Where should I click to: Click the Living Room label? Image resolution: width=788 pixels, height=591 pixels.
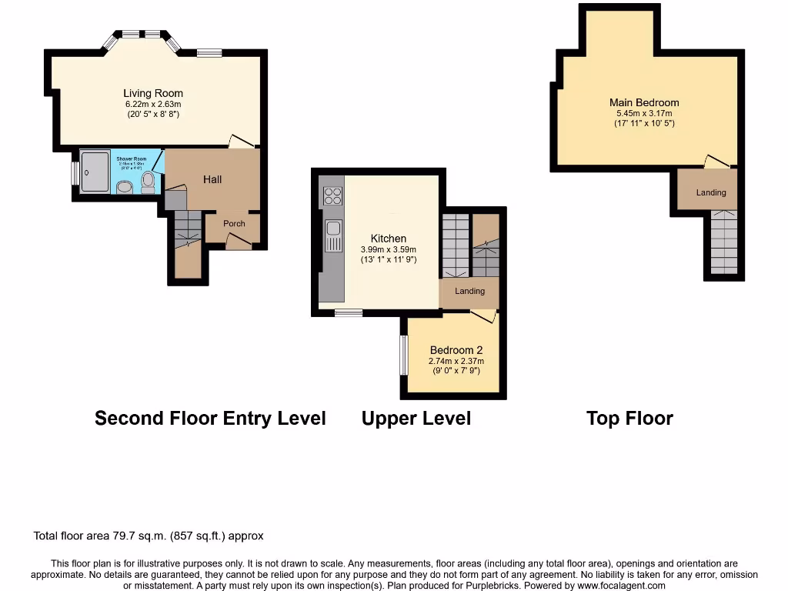[x=153, y=93]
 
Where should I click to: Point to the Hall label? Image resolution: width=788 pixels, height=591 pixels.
[x=212, y=179]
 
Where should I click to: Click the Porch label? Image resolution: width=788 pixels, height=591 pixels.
[x=234, y=223]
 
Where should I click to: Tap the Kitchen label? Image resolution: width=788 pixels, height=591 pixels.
[x=388, y=239]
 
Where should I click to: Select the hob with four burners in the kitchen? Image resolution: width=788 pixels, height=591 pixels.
[x=332, y=195]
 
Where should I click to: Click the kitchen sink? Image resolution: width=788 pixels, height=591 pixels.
[x=333, y=236]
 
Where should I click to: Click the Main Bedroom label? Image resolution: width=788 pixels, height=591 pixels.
[x=644, y=102]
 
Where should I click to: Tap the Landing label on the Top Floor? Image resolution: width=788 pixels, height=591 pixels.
[x=710, y=192]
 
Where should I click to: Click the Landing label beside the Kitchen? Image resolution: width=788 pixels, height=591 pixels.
[x=469, y=291]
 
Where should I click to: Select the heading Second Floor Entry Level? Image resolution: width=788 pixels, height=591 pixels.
[x=210, y=419]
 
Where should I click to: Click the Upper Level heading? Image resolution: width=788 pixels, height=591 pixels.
[x=416, y=419]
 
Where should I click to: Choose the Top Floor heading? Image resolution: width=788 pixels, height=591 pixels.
[x=629, y=419]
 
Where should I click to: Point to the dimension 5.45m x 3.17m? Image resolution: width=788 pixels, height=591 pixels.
[x=644, y=113]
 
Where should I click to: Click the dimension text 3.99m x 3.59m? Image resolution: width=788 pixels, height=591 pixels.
[x=388, y=249]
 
